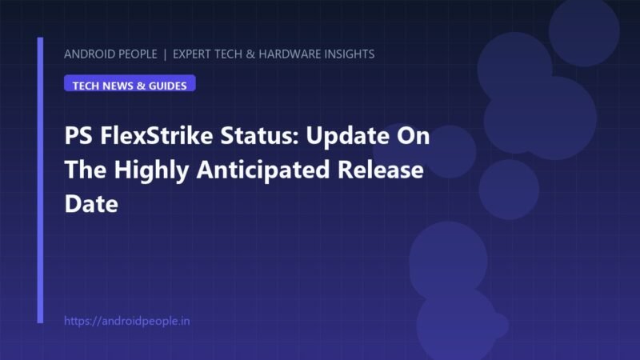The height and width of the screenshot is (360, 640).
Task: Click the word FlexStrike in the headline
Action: pyautogui.click(x=156, y=135)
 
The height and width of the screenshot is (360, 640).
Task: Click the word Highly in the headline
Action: pyautogui.click(x=151, y=170)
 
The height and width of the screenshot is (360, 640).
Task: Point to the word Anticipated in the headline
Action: pyautogui.click(x=263, y=170)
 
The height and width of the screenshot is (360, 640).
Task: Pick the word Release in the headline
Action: pyautogui.click(x=381, y=170)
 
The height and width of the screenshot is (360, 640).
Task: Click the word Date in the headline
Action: pyautogui.click(x=91, y=204)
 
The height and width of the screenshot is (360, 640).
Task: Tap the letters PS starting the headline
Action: pyautogui.click(x=78, y=135)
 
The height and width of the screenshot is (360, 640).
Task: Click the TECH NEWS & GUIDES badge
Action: pyautogui.click(x=130, y=83)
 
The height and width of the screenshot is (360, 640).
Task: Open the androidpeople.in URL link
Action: pyautogui.click(x=127, y=322)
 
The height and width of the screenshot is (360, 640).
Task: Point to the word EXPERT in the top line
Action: pyautogui.click(x=192, y=54)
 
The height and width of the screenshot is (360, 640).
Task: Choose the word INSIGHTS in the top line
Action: pyautogui.click(x=350, y=54)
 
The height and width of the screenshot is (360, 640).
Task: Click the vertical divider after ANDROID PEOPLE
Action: pyautogui.click(x=165, y=54)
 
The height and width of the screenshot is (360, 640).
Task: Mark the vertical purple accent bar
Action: pyautogui.click(x=40, y=180)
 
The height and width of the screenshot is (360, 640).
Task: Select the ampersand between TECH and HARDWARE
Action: pyautogui.click(x=250, y=54)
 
